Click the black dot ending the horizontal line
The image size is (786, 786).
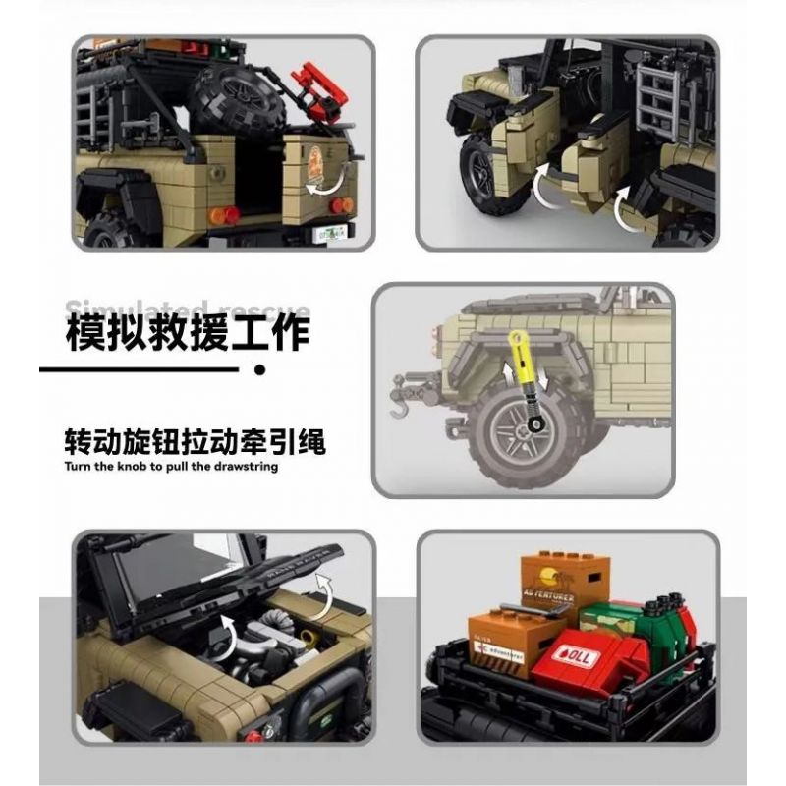[259, 370]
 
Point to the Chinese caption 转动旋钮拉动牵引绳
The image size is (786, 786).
[194, 441]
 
